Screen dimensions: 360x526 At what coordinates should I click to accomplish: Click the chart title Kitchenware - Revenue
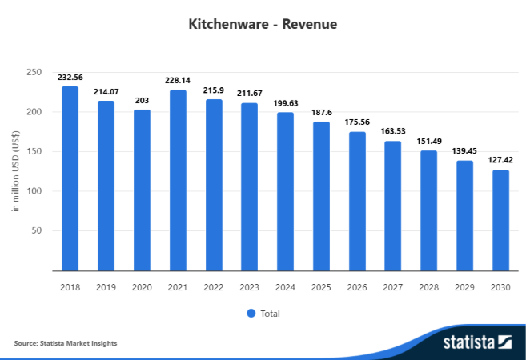(263, 24)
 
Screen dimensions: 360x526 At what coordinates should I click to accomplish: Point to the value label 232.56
(70, 78)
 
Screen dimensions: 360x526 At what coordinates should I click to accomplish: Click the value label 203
(142, 102)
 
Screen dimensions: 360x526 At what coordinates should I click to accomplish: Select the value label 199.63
(285, 105)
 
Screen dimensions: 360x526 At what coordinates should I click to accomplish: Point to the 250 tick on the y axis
(34, 73)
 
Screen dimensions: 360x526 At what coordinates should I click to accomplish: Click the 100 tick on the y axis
(34, 191)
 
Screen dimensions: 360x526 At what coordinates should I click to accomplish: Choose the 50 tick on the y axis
(37, 231)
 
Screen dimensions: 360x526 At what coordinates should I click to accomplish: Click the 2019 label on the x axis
(106, 286)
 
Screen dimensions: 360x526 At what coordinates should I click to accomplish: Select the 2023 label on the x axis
(249, 286)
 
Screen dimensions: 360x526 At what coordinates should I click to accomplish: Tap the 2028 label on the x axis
(428, 286)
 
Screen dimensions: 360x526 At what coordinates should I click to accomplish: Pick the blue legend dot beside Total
(251, 314)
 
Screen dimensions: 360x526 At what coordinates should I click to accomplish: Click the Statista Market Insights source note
(66, 343)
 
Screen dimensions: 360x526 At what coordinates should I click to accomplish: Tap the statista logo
(477, 342)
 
